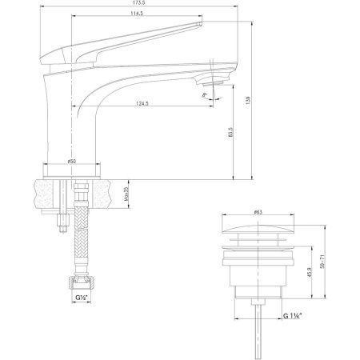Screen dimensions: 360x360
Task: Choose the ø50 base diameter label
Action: pyautogui.click(x=72, y=162)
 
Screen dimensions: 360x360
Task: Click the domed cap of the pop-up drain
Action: pyautogui.click(x=258, y=230)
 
